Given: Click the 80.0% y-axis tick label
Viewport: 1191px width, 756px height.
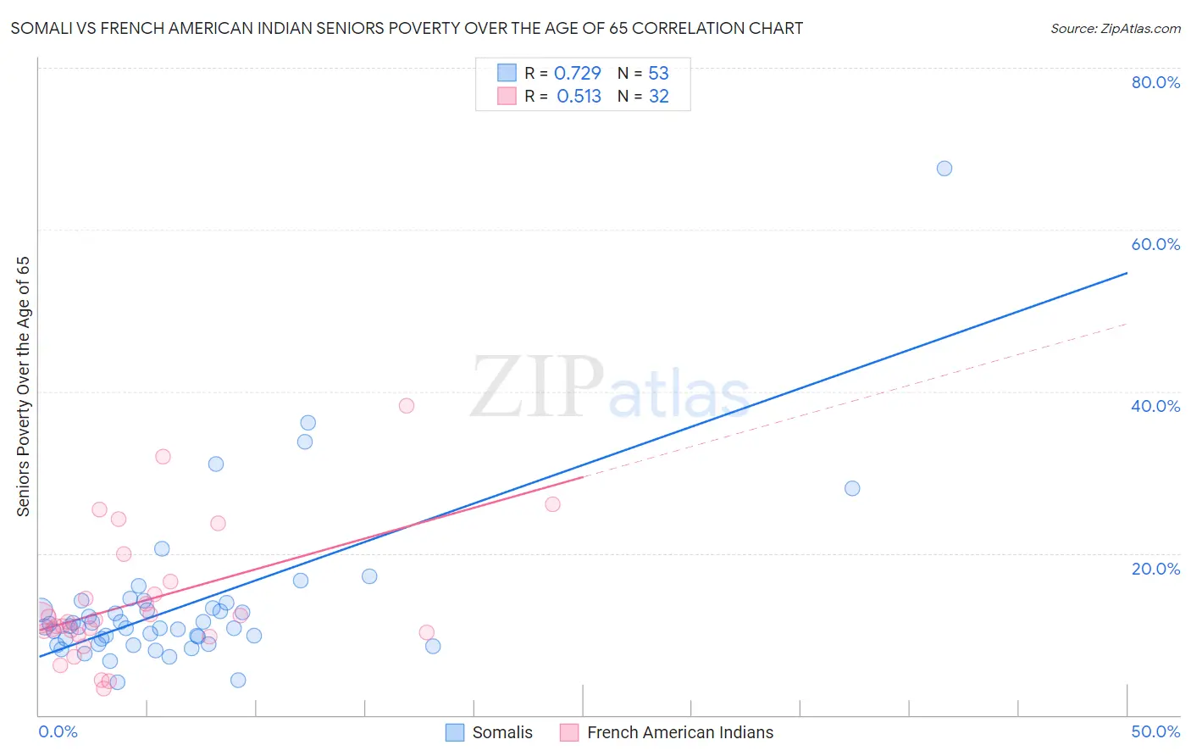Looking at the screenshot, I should click(x=1155, y=82).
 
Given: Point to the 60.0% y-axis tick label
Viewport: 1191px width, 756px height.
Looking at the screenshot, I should click(x=1155, y=244).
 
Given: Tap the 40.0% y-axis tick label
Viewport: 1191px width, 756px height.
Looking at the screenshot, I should click(x=1155, y=406).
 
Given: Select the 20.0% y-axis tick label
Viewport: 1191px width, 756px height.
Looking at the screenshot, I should click(x=1155, y=569).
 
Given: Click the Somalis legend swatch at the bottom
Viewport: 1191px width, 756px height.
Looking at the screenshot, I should click(x=455, y=733).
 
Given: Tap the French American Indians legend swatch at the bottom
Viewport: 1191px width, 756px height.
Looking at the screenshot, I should click(x=569, y=733).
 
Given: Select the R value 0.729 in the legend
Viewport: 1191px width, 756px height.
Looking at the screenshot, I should click(x=577, y=73).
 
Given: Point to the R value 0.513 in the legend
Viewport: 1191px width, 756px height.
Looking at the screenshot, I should click(x=579, y=97).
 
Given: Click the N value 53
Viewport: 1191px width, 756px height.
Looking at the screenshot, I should click(x=658, y=73).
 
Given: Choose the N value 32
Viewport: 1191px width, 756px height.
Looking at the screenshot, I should click(x=658, y=97).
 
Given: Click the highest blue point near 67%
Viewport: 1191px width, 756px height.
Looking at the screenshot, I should click(x=944, y=169).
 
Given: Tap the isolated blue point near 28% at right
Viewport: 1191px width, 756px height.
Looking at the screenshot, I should click(x=852, y=488).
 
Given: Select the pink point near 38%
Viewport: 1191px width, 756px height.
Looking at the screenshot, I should click(x=407, y=406).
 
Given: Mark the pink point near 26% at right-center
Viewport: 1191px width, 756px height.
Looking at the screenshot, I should click(x=552, y=504).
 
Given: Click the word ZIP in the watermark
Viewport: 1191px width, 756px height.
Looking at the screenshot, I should click(x=536, y=388).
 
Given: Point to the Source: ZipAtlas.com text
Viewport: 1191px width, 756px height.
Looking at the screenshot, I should click(x=1115, y=29).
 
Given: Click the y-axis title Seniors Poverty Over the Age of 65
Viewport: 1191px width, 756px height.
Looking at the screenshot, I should click(x=24, y=386).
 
